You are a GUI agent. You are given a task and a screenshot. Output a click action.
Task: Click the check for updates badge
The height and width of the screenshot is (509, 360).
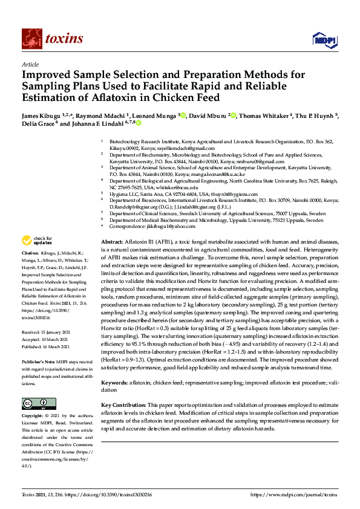coord(38,257)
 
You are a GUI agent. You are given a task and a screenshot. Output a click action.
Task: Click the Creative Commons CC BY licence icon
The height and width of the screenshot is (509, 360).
coord(34,403)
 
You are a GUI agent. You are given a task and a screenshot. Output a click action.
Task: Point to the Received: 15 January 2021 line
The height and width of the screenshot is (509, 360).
coord(45,332)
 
